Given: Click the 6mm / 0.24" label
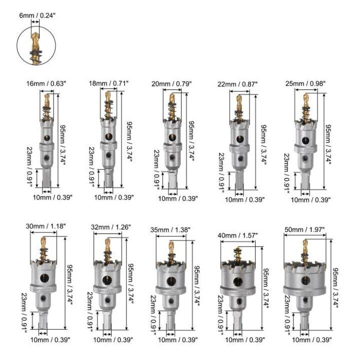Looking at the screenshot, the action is point(37,15).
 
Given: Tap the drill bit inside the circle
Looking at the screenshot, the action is point(35,47).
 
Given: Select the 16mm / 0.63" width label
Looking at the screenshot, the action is point(46,83).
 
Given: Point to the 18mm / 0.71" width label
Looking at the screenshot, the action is point(108,83).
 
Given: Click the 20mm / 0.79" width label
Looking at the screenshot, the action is point(171,84).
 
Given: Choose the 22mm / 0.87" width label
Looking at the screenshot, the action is point(237,84).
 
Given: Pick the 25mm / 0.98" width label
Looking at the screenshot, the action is point(305,83).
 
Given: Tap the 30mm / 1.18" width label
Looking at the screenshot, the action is point(45,226).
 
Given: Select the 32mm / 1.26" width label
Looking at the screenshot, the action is point(111,227).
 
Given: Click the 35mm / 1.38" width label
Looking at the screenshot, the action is point(170,230).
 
